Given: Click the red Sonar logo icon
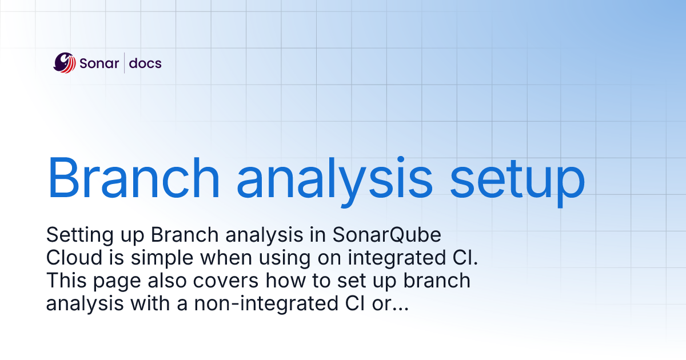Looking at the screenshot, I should pyautogui.click(x=64, y=63).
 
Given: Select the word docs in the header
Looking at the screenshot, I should pyautogui.click(x=145, y=63).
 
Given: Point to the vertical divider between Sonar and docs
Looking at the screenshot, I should pyautogui.click(x=124, y=63).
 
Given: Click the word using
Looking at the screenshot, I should pyautogui.click(x=296, y=258).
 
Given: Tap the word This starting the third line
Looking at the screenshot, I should pyautogui.click(x=64, y=281).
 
